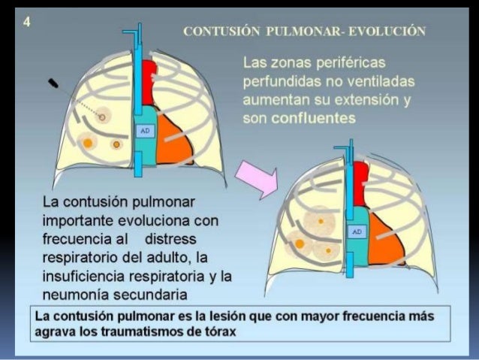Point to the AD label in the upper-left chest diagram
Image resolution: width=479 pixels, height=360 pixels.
coord(143,131)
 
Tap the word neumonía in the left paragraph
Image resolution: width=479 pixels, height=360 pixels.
coord(76,292)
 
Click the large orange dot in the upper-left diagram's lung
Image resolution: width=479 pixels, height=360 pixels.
coord(88,142)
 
